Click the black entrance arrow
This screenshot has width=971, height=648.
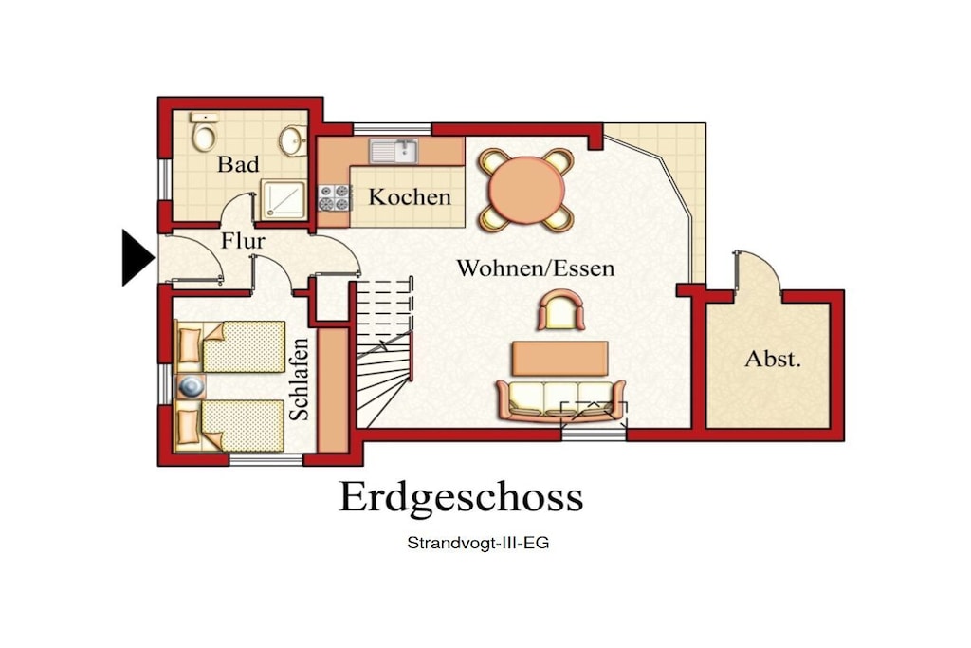tap(137, 258)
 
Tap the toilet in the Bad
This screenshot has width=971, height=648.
tap(205, 132)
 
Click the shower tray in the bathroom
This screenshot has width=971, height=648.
tap(283, 199)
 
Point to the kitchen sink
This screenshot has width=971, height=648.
tap(394, 151)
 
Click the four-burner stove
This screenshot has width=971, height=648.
tap(335, 197)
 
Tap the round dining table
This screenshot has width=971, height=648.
tap(526, 190)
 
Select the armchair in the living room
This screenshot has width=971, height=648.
tap(561, 311)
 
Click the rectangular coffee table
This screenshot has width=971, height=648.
tap(559, 358)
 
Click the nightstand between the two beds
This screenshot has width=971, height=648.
tap(191, 386)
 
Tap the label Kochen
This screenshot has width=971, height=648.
tap(410, 197)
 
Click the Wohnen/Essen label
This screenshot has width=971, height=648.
tap(536, 268)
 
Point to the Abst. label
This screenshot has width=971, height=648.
tap(772, 359)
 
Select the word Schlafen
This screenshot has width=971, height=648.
tap(300, 380)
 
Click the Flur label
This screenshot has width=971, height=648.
tap(243, 240)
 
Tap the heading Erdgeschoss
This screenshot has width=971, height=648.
tap(462, 496)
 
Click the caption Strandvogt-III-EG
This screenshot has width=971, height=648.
tap(478, 544)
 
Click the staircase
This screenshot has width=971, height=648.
tap(384, 352)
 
